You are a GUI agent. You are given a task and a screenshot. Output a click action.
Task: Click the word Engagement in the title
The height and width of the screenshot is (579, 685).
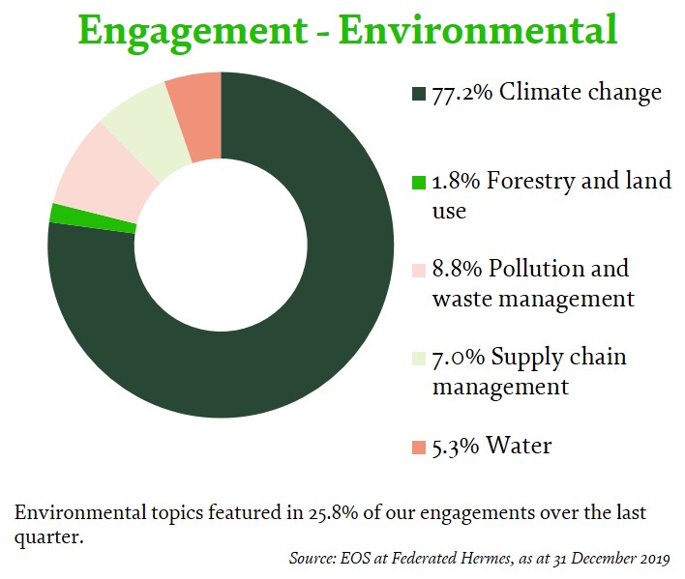point(194,32)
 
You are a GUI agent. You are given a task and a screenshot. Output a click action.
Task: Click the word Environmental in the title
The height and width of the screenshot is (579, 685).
point(478,30)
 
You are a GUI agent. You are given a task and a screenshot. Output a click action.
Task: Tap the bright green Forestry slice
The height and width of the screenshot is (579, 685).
point(93,219)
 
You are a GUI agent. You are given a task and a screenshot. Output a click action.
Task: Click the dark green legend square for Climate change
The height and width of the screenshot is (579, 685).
point(419,94)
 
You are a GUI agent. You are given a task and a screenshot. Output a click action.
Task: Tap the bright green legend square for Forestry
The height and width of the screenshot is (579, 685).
point(419,183)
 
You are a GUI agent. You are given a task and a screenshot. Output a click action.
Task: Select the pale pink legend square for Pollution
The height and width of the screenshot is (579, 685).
point(419,271)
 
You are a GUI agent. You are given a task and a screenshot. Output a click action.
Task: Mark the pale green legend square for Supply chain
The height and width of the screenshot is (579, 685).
point(419,359)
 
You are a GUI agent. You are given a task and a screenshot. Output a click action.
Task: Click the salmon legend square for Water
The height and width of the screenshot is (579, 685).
point(419,448)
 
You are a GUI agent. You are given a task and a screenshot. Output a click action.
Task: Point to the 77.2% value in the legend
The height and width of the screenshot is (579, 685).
point(462,94)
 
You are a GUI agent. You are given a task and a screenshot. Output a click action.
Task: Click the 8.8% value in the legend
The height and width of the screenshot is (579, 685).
point(457,269)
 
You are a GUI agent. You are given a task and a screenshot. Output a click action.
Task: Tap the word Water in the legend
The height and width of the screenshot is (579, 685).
point(519,446)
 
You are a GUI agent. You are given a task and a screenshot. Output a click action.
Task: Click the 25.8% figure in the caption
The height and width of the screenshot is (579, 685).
point(334,513)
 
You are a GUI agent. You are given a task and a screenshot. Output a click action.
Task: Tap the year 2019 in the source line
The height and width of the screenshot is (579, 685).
point(654,560)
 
